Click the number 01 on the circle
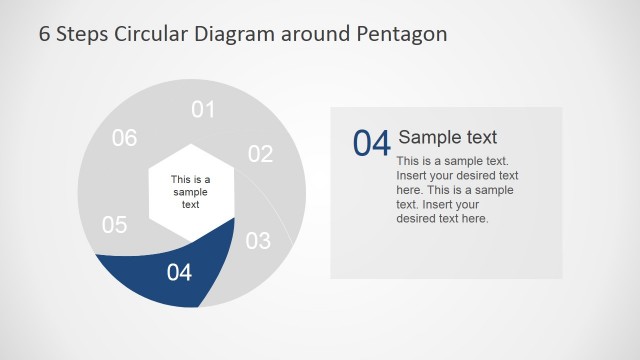click(x=203, y=109)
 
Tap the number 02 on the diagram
click(x=260, y=154)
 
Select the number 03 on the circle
click(x=258, y=241)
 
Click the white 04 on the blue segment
click(x=179, y=271)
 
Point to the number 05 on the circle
click(x=115, y=225)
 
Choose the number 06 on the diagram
click(x=124, y=138)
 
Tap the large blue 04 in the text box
click(x=371, y=143)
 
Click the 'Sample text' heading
click(x=447, y=137)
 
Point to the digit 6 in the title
click(x=45, y=34)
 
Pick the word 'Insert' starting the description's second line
click(x=413, y=175)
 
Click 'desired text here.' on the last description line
click(x=442, y=218)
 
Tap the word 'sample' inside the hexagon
click(x=190, y=192)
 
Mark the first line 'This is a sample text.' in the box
click(x=452, y=160)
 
